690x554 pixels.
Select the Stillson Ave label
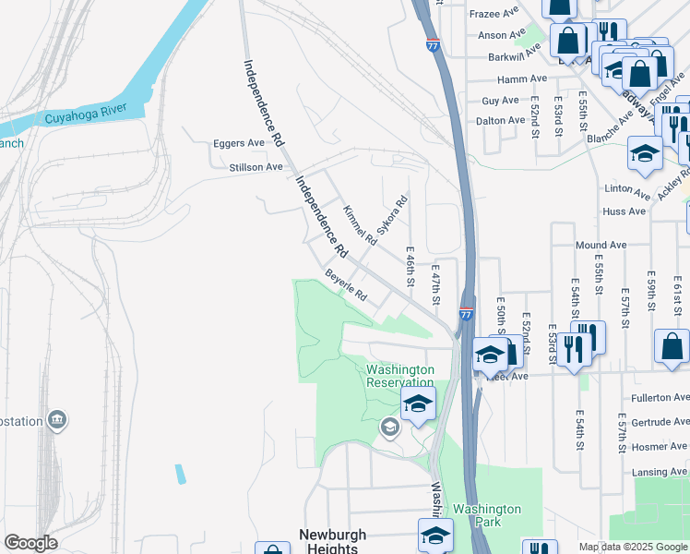tap(256, 167)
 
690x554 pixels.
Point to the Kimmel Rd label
tap(359, 225)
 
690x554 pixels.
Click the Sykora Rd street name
tap(391, 214)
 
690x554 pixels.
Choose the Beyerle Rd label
tap(346, 285)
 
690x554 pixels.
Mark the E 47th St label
tap(436, 283)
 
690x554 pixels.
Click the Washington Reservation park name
tap(399, 376)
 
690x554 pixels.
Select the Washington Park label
tap(487, 515)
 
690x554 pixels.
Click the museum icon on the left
tap(58, 421)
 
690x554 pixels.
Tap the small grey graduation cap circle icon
tap(389, 428)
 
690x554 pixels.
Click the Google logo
tap(31, 543)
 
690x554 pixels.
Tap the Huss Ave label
tap(624, 211)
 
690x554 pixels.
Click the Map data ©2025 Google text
tap(632, 547)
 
